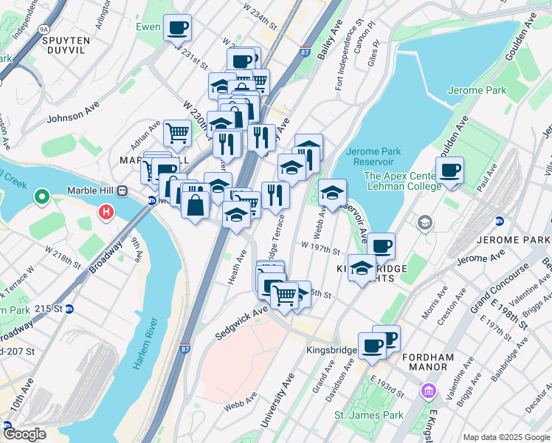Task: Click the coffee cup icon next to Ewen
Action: (177, 28)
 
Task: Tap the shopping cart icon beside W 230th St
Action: (178, 134)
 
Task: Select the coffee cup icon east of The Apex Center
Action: (449, 171)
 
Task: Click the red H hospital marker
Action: (106, 213)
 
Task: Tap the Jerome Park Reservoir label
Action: (373, 157)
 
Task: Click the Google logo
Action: (24, 434)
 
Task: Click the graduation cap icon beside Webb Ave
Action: (332, 193)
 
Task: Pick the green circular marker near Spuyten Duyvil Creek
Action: (42, 198)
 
